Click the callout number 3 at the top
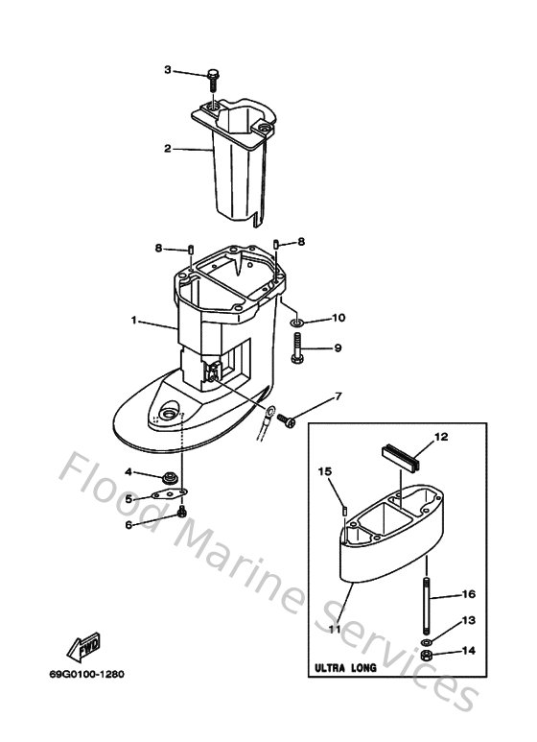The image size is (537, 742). (168, 70)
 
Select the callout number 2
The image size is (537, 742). (168, 149)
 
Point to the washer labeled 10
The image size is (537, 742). (295, 319)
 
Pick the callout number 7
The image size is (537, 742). (337, 395)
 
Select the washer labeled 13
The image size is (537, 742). (424, 640)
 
